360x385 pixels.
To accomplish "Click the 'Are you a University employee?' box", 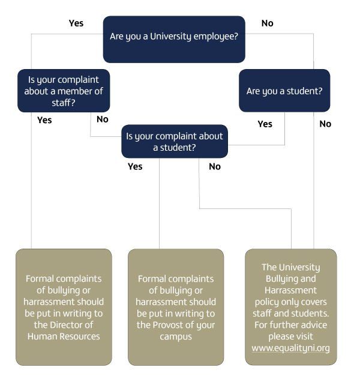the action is (174, 39).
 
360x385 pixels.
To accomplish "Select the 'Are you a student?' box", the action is (284, 91).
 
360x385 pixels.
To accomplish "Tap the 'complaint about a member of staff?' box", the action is (64, 91).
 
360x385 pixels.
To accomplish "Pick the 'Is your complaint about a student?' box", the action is (175, 141).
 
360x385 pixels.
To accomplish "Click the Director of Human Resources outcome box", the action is (64, 307).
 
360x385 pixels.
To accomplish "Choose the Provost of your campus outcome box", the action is (176, 307).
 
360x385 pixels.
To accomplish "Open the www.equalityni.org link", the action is (290, 348).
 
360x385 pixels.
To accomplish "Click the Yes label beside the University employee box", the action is (76, 23).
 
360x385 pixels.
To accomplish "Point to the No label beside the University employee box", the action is (268, 23).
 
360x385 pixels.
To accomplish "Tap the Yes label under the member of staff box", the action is (44, 120).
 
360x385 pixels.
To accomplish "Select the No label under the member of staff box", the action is (102, 120).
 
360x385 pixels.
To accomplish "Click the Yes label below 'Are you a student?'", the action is (265, 124).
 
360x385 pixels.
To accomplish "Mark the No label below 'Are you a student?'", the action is (325, 124).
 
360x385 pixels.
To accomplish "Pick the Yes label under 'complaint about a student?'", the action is (135, 166).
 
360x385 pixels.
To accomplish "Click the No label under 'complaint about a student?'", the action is (215, 167).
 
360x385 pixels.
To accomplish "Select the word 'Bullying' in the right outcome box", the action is (278, 279).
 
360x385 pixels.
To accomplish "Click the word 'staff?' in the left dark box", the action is (63, 103).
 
